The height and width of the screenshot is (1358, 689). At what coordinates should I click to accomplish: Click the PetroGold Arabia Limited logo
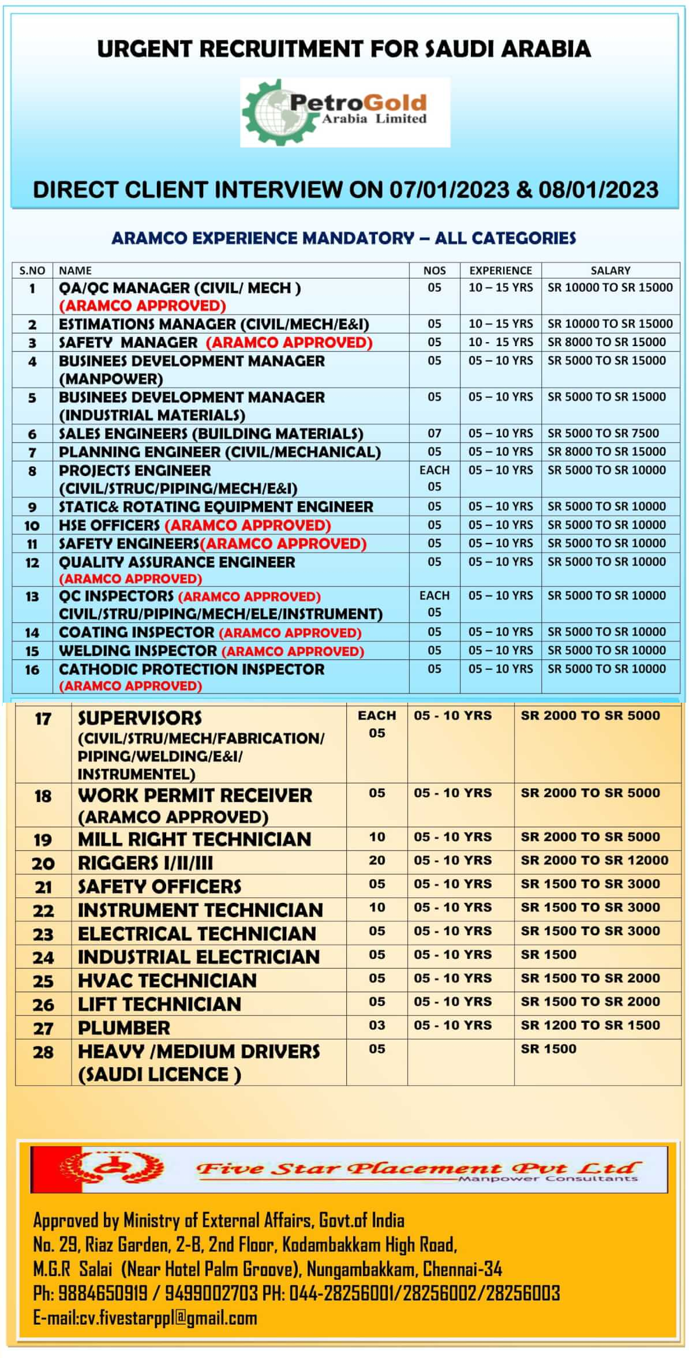tap(344, 112)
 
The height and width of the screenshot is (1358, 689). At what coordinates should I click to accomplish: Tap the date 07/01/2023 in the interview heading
tap(449, 190)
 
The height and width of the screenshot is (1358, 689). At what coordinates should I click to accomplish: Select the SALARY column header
tap(610, 271)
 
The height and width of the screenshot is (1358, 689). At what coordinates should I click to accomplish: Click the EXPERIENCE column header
tap(500, 271)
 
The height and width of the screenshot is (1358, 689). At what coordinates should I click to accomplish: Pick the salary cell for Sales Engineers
tap(603, 433)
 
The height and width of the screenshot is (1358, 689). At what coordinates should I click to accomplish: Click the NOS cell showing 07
tap(435, 433)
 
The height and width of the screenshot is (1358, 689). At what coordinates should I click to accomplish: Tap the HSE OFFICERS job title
tap(109, 525)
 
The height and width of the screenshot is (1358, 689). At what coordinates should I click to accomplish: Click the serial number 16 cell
tap(32, 670)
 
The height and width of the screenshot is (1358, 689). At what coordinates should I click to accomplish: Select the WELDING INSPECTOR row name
tap(138, 651)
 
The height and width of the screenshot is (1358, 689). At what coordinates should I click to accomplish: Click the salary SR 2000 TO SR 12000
tap(594, 860)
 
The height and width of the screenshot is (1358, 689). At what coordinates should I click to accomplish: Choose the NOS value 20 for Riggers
tap(377, 860)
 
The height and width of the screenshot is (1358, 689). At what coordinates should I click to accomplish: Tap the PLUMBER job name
tap(124, 1027)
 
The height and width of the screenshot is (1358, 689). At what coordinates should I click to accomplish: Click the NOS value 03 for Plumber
tap(377, 1025)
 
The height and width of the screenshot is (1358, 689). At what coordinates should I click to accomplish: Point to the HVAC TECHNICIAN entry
tap(167, 980)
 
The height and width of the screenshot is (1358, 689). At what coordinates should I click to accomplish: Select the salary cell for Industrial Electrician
tap(548, 955)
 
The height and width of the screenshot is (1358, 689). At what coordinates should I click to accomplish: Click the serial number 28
tap(43, 1052)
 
